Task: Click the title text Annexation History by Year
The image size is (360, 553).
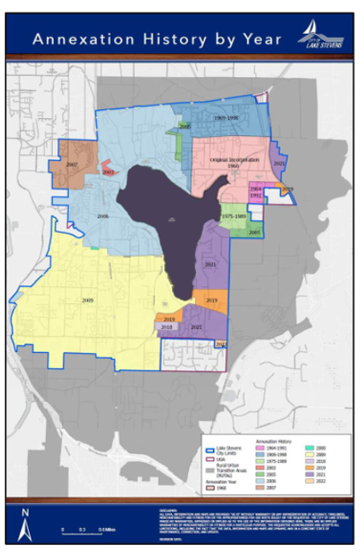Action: point(157,39)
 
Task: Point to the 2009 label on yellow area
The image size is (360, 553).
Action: point(88,300)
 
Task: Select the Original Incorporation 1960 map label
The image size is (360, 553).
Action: point(234,163)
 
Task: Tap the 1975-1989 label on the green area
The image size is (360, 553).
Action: point(234,216)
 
